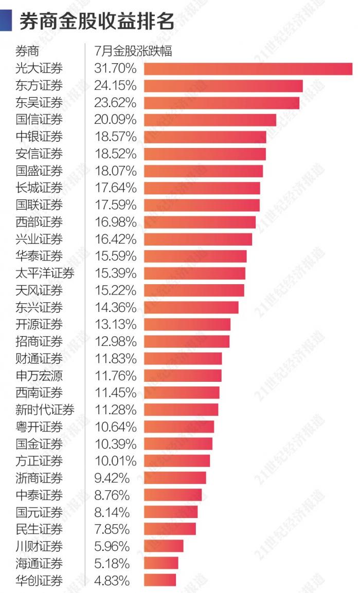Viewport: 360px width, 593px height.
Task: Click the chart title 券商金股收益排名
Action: pyautogui.click(x=97, y=22)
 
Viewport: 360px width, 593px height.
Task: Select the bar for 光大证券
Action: pyautogui.click(x=248, y=69)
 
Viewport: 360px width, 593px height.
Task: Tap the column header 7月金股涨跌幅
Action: pyautogui.click(x=133, y=51)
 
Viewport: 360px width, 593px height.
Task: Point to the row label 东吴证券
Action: pyautogui.click(x=39, y=103)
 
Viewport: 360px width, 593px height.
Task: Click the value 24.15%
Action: pyautogui.click(x=115, y=86)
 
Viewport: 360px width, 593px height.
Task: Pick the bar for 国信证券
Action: pyautogui.click(x=210, y=120)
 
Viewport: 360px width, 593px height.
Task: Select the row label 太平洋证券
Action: pyautogui.click(x=45, y=273)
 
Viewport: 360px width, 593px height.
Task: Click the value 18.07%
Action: pyautogui.click(x=115, y=171)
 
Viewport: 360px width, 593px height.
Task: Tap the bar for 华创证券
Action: pyautogui.click(x=160, y=580)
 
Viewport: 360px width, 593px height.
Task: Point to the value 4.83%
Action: pyautogui.click(x=112, y=581)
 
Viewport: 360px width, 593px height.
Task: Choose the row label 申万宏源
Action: pyautogui.click(x=39, y=376)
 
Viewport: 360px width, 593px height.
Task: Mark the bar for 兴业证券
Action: pyautogui.click(x=198, y=239)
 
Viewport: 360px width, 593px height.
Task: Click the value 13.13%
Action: pyautogui.click(x=115, y=325)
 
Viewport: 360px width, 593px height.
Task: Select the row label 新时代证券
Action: pyautogui.click(x=45, y=410)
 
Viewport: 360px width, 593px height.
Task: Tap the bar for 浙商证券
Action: pyautogui.click(x=175, y=478)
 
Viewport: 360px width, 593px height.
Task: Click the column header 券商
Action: pyautogui.click(x=27, y=51)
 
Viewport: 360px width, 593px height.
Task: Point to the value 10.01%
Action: pyautogui.click(x=115, y=461)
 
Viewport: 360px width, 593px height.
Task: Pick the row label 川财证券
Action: pyautogui.click(x=39, y=546)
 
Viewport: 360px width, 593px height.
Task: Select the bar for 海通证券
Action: pyautogui.click(x=161, y=563)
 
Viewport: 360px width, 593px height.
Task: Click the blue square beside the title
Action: pyautogui.click(x=6, y=21)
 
